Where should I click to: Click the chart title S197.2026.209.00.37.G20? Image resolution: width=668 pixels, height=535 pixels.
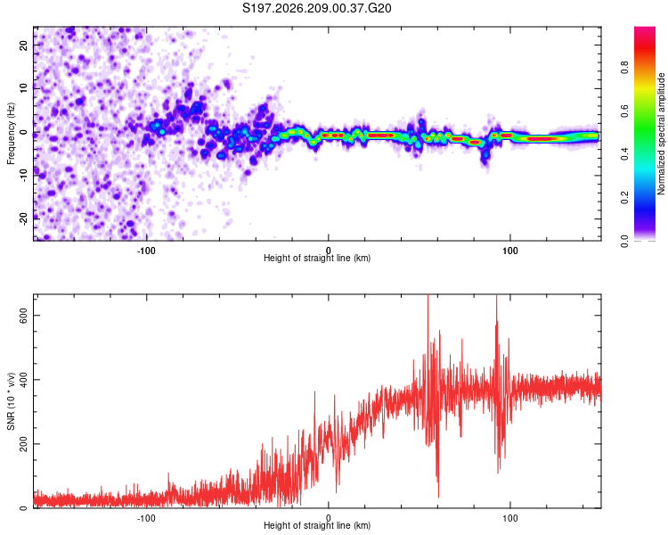pos(316,8)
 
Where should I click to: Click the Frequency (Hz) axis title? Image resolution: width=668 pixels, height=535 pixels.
pos(11,134)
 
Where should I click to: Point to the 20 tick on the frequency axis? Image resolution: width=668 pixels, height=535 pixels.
pos(23,45)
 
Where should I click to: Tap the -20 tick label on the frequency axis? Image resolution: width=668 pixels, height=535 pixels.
pos(23,218)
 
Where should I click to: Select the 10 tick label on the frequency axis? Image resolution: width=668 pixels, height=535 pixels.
pos(23,88)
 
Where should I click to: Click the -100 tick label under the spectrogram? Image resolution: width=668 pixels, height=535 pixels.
pos(146,251)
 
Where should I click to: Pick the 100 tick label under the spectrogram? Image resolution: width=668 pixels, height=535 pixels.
pos(510,251)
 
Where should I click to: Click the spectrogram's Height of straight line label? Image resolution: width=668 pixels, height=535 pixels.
pos(317,258)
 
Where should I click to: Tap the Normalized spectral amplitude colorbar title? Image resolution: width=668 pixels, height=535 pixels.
pos(661,134)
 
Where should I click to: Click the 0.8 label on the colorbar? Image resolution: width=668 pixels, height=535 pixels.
pos(624,68)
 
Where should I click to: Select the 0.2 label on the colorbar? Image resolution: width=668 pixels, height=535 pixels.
pos(624,197)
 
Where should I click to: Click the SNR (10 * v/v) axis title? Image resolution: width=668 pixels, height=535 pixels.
pos(11,401)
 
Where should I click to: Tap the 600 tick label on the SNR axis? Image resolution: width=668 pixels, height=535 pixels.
pos(23,316)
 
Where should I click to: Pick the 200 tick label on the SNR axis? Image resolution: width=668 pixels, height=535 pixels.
pos(23,444)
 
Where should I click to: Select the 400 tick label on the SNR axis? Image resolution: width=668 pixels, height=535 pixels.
pos(23,380)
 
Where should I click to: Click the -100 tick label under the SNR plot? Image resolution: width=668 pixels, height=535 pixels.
pos(146,518)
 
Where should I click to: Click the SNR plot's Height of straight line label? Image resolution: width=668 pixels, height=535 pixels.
pos(317,525)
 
